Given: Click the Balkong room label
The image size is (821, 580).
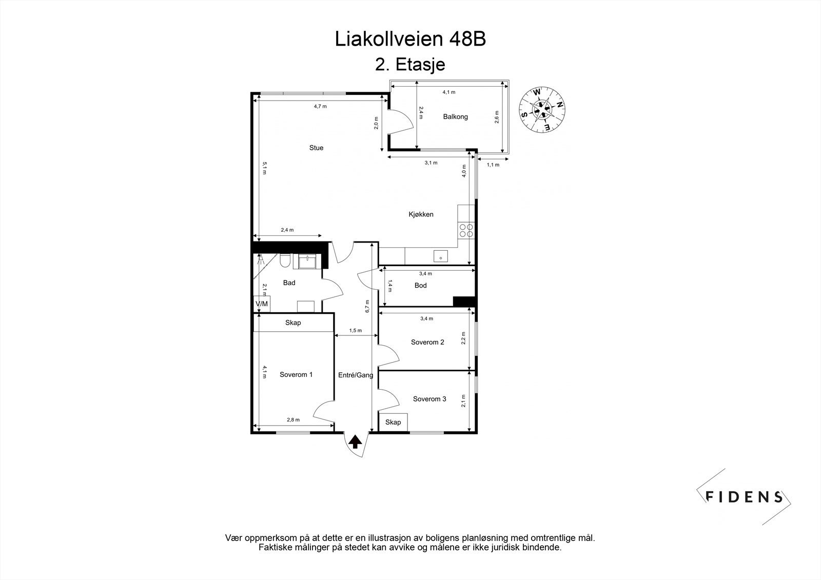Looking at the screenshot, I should [x=455, y=117].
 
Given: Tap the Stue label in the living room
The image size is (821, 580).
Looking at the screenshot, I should [x=316, y=148].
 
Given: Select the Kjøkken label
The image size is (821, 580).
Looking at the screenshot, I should [x=421, y=214].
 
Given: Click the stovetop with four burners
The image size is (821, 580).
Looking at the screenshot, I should [x=466, y=231].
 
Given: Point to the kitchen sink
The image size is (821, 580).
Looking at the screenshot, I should [x=440, y=255].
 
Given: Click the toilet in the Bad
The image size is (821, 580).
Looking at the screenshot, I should [x=285, y=263].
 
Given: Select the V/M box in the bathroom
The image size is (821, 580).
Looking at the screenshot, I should [x=262, y=304].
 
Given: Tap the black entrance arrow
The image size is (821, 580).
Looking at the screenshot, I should [x=355, y=441].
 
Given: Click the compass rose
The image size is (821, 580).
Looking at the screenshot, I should [x=542, y=109].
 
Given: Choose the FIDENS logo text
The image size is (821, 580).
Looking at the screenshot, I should [x=744, y=496].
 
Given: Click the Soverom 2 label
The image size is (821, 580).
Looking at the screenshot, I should [x=427, y=342].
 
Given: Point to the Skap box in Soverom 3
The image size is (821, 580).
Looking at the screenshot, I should [x=393, y=422].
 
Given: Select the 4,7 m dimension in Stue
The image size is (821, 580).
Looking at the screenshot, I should [x=320, y=106].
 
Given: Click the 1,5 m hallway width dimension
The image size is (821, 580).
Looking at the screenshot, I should [x=356, y=331].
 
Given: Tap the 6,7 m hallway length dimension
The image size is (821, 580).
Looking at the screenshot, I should [x=367, y=306].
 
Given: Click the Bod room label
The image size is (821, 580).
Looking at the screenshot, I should [x=420, y=286].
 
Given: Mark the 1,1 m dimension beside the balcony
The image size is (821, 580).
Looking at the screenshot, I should [x=493, y=165].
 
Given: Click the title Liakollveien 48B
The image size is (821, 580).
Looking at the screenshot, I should [x=410, y=39].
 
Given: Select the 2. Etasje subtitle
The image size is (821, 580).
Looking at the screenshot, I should [x=410, y=65].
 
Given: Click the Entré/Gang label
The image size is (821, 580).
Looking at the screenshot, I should [x=355, y=375].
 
